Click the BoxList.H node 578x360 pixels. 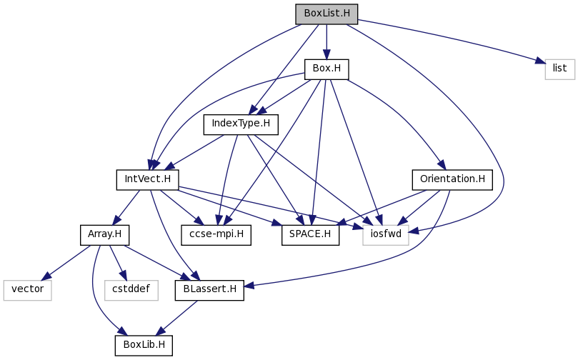tap(327, 14)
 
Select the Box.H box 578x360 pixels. tap(327, 69)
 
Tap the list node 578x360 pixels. tap(559, 69)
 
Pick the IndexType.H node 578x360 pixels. tap(241, 124)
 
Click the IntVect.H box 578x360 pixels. tap(147, 180)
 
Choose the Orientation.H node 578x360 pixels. tap(452, 180)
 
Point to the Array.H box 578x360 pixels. tap(105, 235)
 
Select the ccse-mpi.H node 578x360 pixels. tap(216, 235)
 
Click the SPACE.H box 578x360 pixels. tap(310, 235)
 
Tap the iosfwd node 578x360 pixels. tap(386, 235)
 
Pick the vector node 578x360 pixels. tap(27, 291)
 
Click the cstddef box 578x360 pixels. tap(131, 291)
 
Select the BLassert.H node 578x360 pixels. tap(209, 291)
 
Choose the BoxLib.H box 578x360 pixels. tap(144, 346)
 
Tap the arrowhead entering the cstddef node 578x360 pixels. tap(123, 276)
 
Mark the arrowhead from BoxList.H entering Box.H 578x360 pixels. tap(327, 54)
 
